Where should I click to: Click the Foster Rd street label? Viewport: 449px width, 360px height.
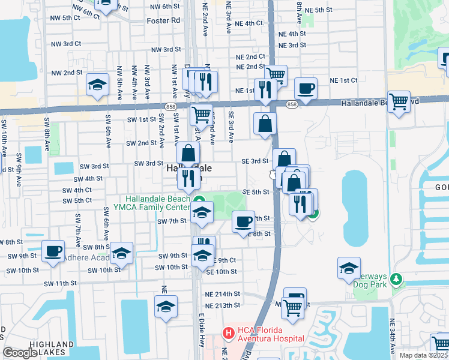[163, 20]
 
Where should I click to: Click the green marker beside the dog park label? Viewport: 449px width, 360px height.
[395, 279]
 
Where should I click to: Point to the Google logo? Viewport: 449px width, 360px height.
[20, 353]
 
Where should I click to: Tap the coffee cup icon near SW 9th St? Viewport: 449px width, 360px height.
[53, 250]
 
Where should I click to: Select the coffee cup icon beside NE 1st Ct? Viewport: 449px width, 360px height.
[306, 88]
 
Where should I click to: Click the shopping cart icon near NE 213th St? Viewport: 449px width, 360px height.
[293, 308]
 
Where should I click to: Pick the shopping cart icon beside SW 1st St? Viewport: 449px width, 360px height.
[202, 113]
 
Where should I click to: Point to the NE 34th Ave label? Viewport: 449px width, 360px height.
[393, 336]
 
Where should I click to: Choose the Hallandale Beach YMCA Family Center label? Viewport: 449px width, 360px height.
[158, 203]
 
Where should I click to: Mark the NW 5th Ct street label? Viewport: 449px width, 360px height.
[66, 18]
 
